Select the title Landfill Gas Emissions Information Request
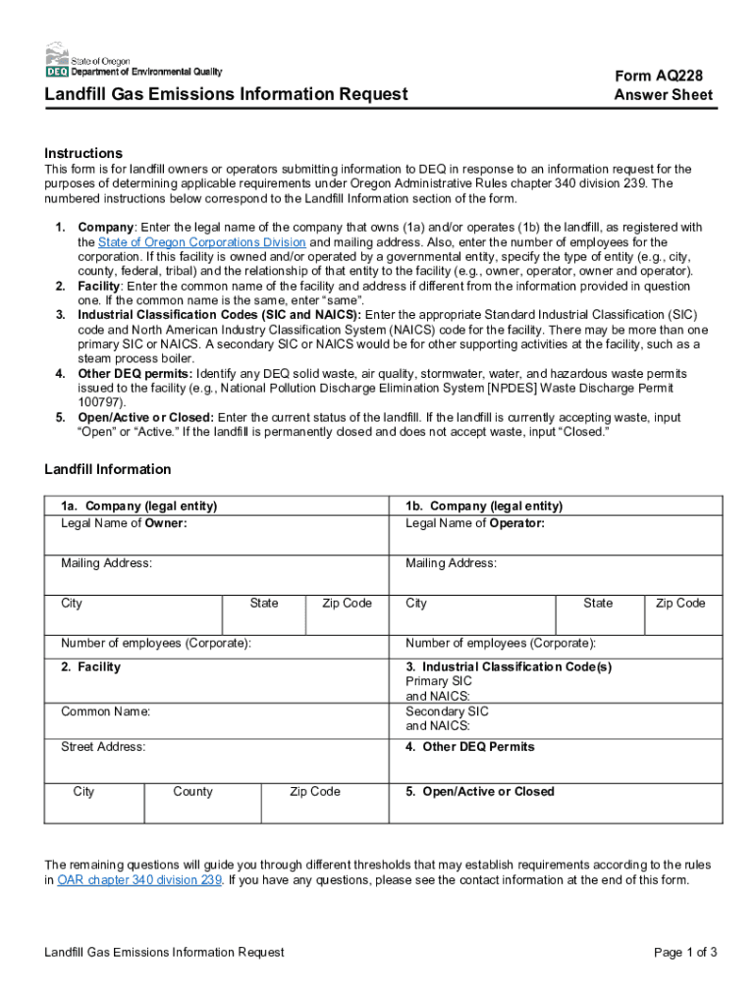(x=226, y=94)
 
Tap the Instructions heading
(x=83, y=153)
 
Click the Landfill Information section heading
(x=107, y=469)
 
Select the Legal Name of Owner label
(x=124, y=523)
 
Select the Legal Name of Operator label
(x=475, y=523)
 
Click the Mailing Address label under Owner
(x=106, y=563)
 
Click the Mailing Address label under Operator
(x=451, y=563)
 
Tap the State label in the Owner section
(x=263, y=604)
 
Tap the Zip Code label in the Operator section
(x=680, y=604)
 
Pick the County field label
(x=192, y=792)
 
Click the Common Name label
(x=106, y=712)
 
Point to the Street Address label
(x=103, y=747)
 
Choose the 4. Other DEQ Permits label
(x=470, y=747)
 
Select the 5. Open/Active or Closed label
(x=480, y=792)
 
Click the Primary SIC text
(x=439, y=681)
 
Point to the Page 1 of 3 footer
(x=685, y=952)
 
